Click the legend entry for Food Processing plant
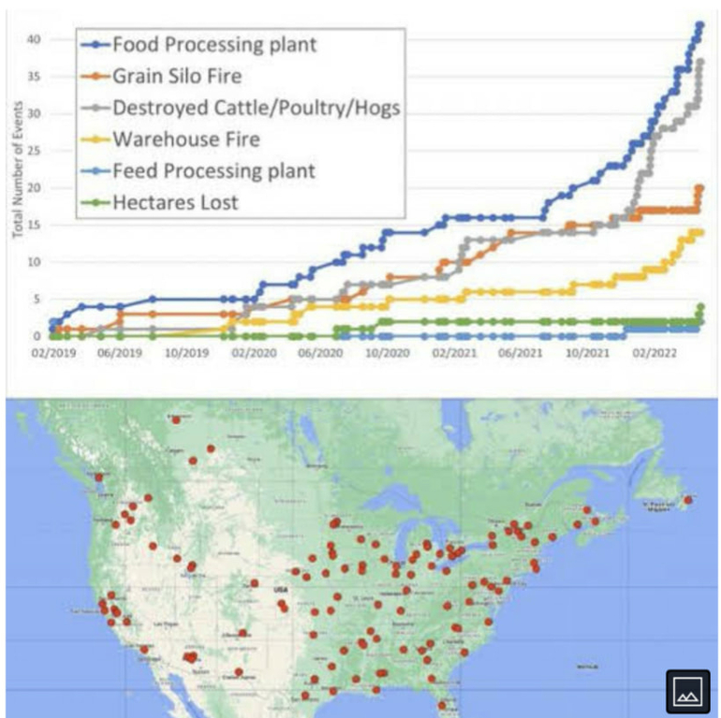213,44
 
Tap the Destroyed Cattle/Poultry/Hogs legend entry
255,108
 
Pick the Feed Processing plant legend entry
213,171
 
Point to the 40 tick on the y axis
34,39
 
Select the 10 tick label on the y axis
34,262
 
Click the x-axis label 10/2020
386,354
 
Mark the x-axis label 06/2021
519,354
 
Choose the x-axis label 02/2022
652,354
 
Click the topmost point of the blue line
699,25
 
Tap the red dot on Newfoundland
688,500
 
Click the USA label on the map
278,590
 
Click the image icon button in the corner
687,691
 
